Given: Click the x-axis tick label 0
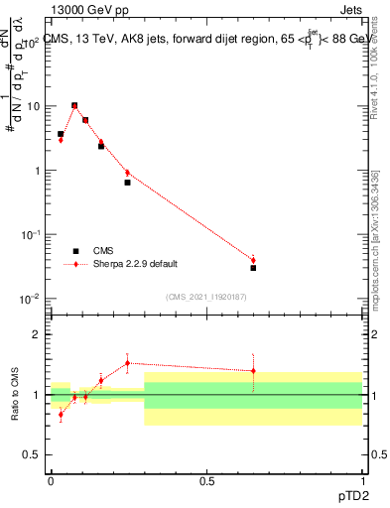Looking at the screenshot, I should [x=51, y=480].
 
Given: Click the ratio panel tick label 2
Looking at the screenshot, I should [x=38, y=334].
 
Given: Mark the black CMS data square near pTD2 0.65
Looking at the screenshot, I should [x=253, y=268].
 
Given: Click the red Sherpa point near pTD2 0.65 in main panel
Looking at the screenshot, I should [x=253, y=260].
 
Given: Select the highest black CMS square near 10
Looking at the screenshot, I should [x=74, y=105].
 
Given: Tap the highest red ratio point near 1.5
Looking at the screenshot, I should [x=127, y=363].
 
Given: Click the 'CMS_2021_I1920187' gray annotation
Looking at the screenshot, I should [x=205, y=297].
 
